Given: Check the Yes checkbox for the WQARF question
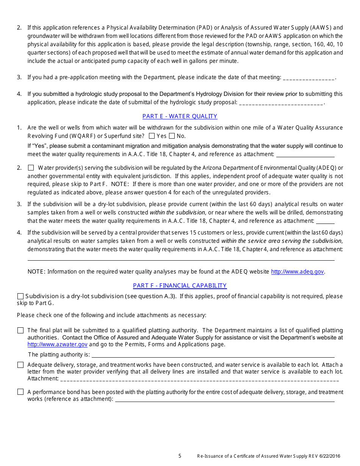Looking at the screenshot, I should tap(152, 136).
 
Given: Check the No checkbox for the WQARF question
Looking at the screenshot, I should tap(172, 136).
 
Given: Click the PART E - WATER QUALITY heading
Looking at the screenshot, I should tap(180, 116).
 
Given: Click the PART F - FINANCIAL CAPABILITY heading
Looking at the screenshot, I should tap(180, 286).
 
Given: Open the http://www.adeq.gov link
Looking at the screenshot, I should tap(297, 272).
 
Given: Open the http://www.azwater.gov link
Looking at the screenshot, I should tap(57, 344).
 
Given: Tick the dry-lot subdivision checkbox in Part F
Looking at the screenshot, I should tap(20, 296).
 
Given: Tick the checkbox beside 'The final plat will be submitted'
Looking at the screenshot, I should tap(20, 330).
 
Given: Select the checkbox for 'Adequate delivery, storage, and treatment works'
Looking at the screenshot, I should tap(20, 365).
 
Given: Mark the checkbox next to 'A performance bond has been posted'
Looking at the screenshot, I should tap(20, 392).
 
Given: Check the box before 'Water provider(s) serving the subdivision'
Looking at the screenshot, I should tap(31, 167).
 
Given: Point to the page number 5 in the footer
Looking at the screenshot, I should tap(180, 456).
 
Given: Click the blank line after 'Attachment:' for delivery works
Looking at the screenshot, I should tap(199, 379).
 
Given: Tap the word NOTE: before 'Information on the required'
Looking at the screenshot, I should tap(36, 272).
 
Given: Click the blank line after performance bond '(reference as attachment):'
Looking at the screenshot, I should tap(224, 400).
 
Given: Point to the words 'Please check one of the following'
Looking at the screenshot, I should tap(57, 315).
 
